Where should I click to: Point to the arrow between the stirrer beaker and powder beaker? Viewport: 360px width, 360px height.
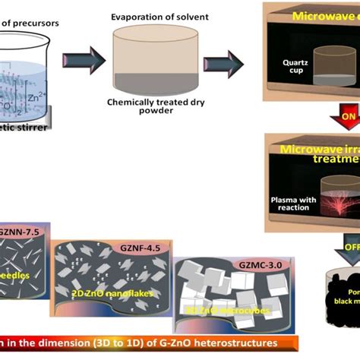pos(81,63)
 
